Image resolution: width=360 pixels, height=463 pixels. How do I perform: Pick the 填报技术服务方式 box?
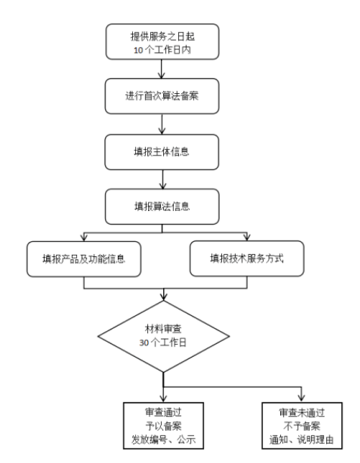tap(246, 259)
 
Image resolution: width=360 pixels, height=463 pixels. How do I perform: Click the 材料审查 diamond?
tap(165, 336)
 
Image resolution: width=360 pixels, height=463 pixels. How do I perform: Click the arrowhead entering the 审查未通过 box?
tap(301, 398)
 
